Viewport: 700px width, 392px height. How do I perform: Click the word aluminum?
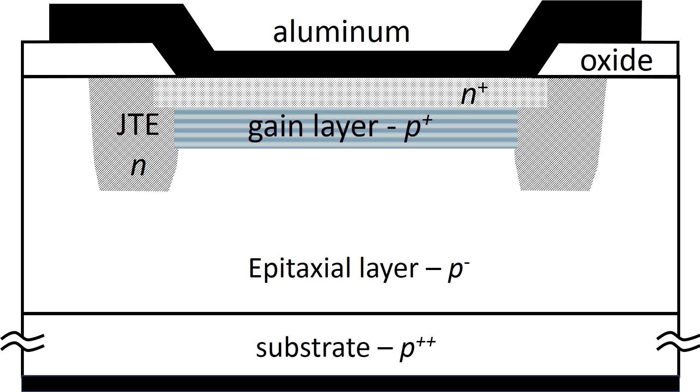tap(341, 32)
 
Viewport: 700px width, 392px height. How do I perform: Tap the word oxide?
tap(616, 61)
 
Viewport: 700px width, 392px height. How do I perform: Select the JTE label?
tap(138, 125)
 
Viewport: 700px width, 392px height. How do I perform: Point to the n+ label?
tap(474, 94)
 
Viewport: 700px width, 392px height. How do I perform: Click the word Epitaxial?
tap(298, 269)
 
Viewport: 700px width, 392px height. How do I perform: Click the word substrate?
tap(312, 348)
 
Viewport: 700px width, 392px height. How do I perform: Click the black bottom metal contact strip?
tap(350, 384)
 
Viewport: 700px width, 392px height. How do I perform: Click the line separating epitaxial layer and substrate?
tap(350, 313)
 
